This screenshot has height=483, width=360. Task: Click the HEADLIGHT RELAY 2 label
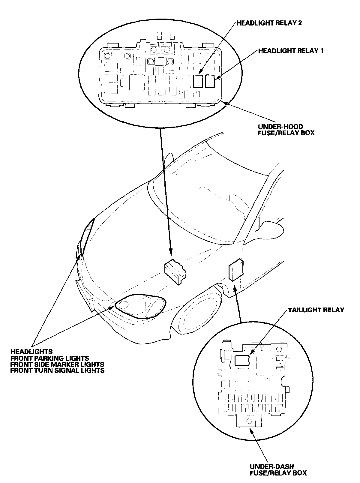[x=269, y=23]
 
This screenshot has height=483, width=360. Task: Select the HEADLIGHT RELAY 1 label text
[x=291, y=51]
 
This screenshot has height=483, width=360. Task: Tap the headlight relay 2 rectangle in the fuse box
[x=198, y=81]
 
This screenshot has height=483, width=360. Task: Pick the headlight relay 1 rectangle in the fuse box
[x=210, y=81]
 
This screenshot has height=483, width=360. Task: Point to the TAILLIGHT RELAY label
[x=316, y=310]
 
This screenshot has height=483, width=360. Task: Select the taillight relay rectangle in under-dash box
[x=242, y=360]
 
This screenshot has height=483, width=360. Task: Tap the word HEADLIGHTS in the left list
[x=31, y=352]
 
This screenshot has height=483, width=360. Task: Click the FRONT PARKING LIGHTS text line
[x=50, y=358]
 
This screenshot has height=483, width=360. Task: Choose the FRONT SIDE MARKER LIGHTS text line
[x=57, y=364]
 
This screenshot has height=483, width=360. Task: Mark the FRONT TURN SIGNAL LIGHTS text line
[x=57, y=370]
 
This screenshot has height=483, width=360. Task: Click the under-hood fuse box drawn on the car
[x=175, y=272]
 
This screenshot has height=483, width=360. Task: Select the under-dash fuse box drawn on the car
[x=236, y=269]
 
